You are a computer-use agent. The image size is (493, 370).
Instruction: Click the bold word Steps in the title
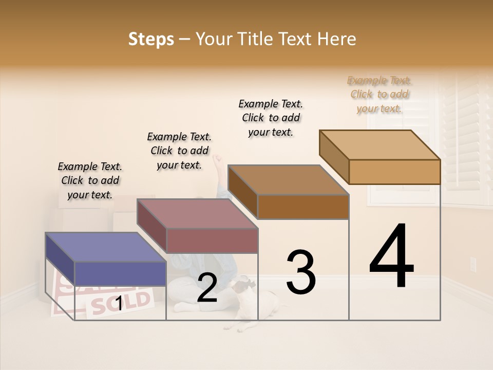(151, 39)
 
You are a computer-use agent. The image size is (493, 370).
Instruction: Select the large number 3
(300, 272)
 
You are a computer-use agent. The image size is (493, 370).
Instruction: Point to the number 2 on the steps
(207, 288)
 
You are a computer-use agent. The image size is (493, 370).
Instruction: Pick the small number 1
(119, 304)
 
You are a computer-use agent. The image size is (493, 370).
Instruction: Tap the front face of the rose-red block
(212, 240)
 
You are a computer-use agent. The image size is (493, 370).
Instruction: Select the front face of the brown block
(303, 207)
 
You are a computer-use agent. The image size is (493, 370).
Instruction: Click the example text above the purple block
(90, 180)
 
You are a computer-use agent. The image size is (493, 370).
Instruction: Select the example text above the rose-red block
(179, 151)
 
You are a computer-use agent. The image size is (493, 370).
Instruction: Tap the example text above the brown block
(271, 118)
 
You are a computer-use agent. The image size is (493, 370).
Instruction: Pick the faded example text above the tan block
(380, 94)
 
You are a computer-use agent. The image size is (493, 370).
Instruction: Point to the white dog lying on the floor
(252, 303)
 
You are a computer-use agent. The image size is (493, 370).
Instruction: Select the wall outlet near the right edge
(473, 264)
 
